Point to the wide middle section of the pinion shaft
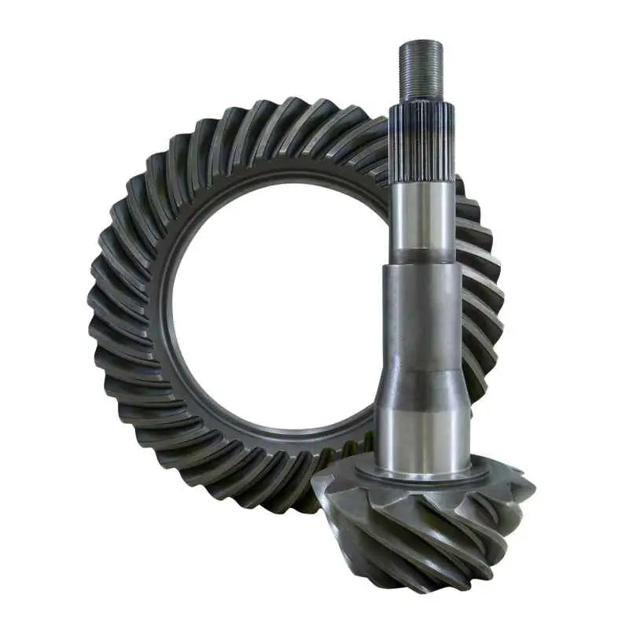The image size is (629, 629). point(421,314)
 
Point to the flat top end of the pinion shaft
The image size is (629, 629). point(421,41)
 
